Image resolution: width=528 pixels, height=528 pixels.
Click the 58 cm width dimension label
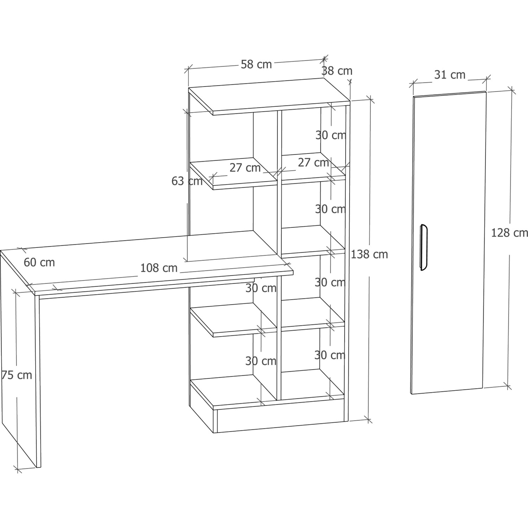coord(256,64)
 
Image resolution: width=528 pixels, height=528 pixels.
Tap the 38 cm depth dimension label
coord(337,71)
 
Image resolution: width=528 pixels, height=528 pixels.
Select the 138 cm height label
coord(369,254)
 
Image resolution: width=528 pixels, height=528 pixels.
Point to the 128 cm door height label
coord(510,233)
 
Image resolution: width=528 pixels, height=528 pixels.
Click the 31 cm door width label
coord(450,75)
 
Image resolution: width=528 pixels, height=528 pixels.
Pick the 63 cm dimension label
coord(187,181)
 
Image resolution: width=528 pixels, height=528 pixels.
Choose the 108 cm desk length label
coord(159,268)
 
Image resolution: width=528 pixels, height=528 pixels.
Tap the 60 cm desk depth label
coord(39,262)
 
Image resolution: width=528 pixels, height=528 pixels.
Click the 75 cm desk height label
coord(17,375)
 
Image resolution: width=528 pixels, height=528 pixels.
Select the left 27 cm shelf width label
coord(245,168)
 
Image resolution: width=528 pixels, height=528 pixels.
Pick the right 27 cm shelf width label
coord(313,163)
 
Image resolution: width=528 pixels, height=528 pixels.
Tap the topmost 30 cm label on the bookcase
coord(331,135)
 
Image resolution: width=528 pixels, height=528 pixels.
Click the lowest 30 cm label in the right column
coord(329,355)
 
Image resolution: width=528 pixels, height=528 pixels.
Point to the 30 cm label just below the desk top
coord(261,288)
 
